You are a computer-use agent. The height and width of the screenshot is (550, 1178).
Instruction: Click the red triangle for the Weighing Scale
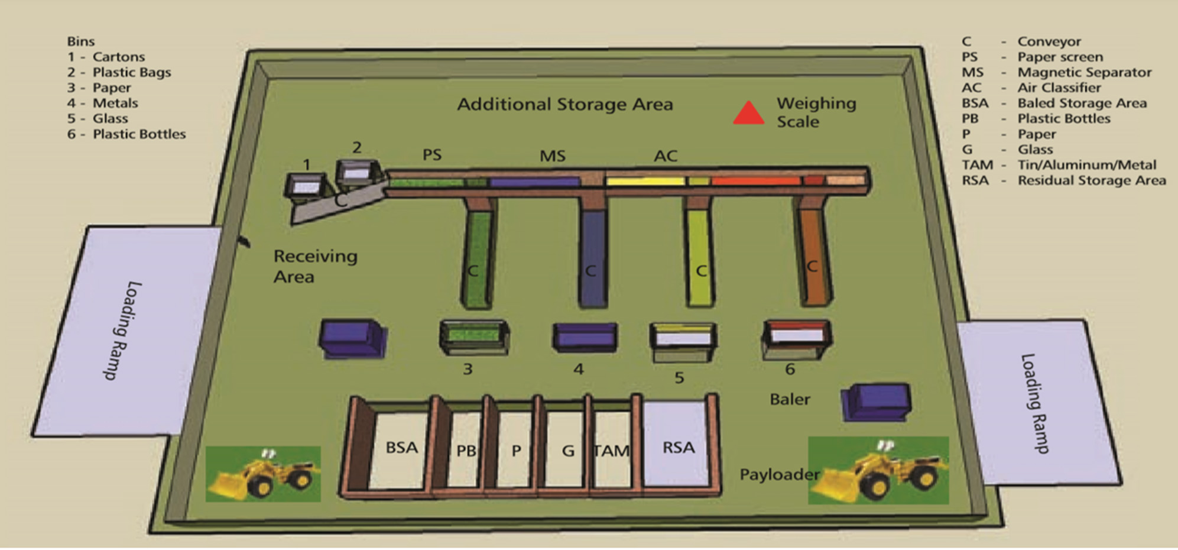tap(748, 114)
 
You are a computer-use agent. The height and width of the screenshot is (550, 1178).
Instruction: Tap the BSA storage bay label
tap(401, 448)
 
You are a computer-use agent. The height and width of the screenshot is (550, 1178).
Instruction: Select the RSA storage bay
tap(677, 447)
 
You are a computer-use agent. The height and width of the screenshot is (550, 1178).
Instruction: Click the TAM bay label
tap(611, 451)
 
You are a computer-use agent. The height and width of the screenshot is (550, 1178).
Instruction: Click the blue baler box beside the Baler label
tap(876, 402)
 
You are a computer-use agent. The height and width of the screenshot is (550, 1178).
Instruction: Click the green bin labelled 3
tap(473, 338)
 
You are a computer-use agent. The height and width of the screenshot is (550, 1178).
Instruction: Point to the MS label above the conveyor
tap(552, 156)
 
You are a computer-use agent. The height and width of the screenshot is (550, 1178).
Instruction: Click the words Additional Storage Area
tap(564, 105)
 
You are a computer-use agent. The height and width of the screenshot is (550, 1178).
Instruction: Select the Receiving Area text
tap(315, 266)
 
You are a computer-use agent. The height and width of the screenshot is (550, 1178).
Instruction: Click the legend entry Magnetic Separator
tap(1084, 72)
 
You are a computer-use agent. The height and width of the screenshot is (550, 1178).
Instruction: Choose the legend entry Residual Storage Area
tap(1091, 180)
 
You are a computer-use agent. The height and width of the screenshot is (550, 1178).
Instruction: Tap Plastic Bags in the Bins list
tap(131, 72)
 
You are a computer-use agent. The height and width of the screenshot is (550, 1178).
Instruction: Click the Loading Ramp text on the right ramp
tap(1034, 403)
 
